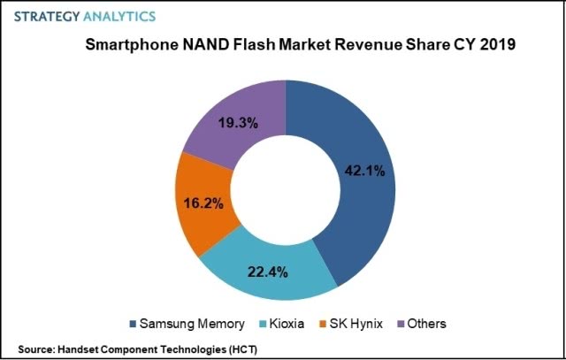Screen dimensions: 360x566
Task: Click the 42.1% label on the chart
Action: point(365,172)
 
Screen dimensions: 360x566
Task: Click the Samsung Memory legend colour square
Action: point(134,323)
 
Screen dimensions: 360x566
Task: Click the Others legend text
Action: point(428,323)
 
